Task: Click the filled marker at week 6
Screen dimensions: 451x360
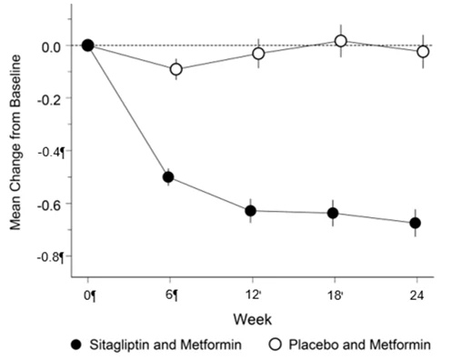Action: [168, 177]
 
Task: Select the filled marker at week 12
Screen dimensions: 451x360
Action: [251, 211]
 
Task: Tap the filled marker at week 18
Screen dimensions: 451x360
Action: [333, 213]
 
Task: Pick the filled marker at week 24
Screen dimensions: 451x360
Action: [416, 223]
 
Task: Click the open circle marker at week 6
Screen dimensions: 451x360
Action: [176, 69]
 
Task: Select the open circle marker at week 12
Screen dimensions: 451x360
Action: [258, 54]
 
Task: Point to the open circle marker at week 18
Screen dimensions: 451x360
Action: [341, 41]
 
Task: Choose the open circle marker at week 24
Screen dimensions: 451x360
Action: [423, 52]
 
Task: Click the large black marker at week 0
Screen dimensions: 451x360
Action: [88, 45]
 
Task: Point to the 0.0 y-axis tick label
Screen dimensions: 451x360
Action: [52, 47]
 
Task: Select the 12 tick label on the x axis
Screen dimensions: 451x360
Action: [252, 295]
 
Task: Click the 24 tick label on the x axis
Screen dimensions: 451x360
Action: [416, 295]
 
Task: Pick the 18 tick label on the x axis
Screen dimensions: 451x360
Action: [334, 295]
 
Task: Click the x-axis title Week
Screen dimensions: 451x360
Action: [253, 320]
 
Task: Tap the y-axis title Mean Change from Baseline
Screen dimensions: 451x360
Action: [15, 143]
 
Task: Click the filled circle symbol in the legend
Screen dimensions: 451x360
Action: [76, 345]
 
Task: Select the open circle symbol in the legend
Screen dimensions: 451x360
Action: [276, 345]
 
